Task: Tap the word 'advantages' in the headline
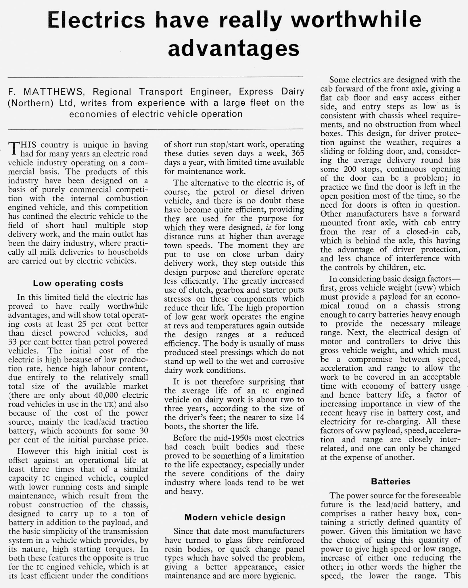point(233,48)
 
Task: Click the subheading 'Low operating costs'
point(78,283)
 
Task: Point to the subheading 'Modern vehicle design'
point(235,517)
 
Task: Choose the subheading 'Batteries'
point(390,481)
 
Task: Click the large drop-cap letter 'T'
point(14,148)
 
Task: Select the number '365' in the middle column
point(296,153)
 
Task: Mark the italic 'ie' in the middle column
point(269,227)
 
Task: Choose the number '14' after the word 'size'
point(300,417)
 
